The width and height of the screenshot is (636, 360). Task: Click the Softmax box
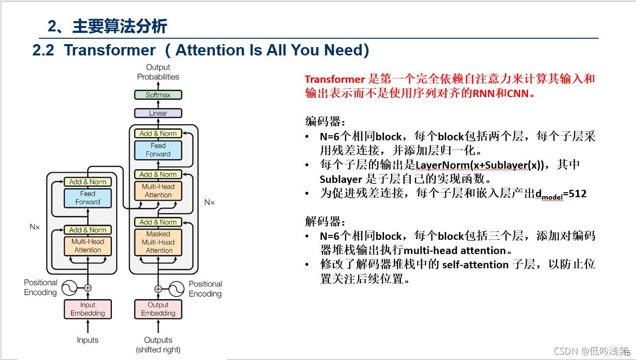click(158, 95)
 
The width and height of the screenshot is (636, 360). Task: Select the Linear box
click(158, 113)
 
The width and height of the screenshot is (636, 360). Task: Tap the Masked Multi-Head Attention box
click(158, 242)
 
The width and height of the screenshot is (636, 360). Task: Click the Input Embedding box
click(88, 309)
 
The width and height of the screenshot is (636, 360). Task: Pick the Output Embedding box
click(158, 309)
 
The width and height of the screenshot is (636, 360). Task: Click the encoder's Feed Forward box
click(88, 198)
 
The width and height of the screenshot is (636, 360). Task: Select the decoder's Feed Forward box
click(158, 150)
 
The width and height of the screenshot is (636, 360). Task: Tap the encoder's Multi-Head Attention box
click(88, 246)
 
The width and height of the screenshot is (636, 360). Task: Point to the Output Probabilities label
click(158, 72)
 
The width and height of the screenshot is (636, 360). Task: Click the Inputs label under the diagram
click(88, 340)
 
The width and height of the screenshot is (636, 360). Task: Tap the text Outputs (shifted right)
click(158, 345)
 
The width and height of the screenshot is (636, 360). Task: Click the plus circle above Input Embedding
click(88, 288)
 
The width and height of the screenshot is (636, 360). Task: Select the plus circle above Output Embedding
click(158, 289)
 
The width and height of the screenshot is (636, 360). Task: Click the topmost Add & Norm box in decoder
click(158, 133)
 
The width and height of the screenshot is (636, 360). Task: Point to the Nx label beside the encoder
click(34, 227)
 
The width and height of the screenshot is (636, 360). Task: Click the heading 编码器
click(321, 121)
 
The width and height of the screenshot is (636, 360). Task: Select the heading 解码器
click(321, 221)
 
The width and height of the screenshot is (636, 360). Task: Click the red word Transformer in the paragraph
click(335, 79)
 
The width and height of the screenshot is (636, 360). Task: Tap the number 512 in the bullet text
click(578, 194)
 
